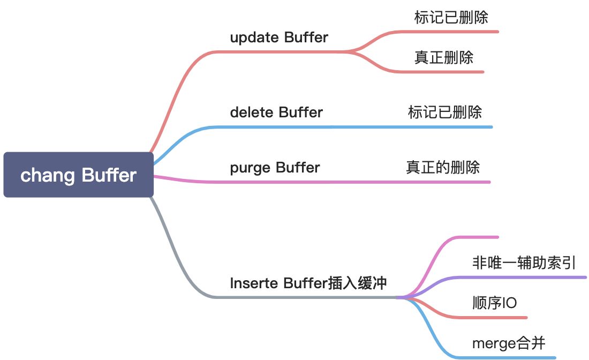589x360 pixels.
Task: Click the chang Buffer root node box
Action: tap(78, 175)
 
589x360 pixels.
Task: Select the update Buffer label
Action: tap(278, 37)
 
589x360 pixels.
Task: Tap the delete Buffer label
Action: tap(276, 112)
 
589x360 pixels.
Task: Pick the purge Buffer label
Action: tap(275, 168)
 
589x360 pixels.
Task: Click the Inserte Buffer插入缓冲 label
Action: tap(308, 283)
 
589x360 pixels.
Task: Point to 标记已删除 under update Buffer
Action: tap(451, 17)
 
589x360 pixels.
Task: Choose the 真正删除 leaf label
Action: tap(443, 57)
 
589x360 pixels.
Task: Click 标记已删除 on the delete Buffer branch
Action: tap(444, 112)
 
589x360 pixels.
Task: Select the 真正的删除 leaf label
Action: tap(442, 167)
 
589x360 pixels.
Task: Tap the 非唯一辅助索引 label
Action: tap(524, 262)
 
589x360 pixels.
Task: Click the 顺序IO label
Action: tap(494, 303)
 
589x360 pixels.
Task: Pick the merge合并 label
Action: tap(508, 343)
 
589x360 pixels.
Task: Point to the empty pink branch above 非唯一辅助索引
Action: tap(471, 237)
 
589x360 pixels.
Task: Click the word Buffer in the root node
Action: tap(109, 175)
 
